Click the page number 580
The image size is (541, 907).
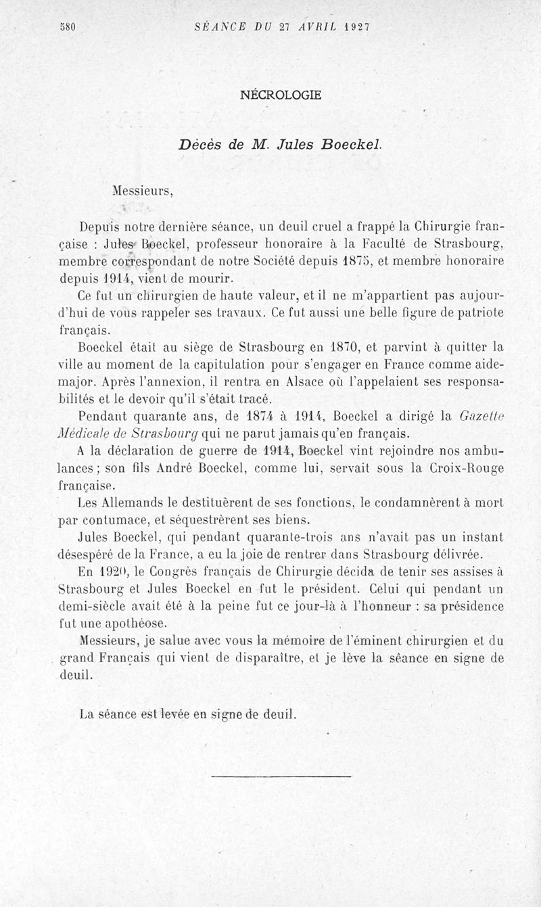[66, 28]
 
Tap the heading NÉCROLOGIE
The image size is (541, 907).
[281, 95]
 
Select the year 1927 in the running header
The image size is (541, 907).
[356, 28]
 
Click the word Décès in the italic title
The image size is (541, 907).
[201, 144]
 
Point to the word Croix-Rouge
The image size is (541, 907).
[467, 468]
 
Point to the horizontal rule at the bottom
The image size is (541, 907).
[281, 776]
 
